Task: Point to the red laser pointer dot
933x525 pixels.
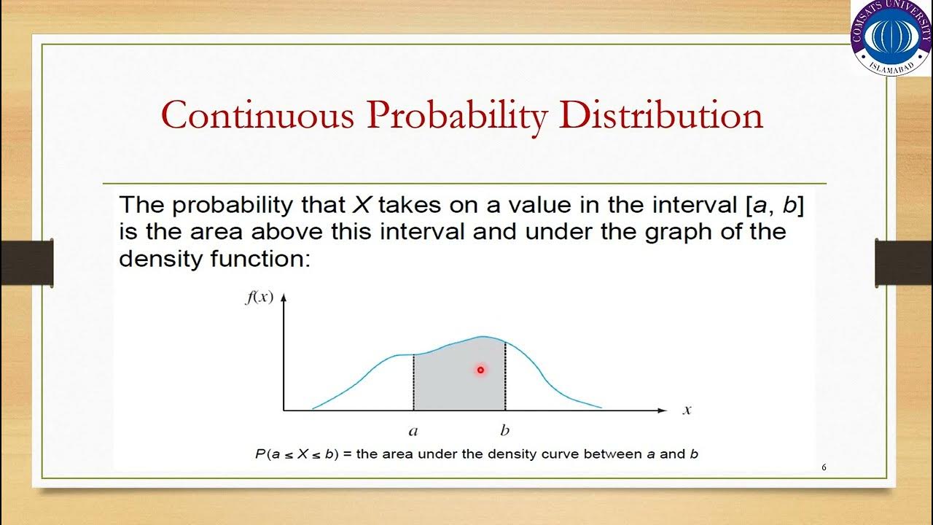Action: click(480, 370)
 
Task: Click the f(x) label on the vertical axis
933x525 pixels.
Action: click(259, 297)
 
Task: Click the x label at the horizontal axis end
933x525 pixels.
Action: click(686, 411)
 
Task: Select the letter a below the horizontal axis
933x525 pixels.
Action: click(413, 430)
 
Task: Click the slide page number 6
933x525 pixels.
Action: click(824, 467)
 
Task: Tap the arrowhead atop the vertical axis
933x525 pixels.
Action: click(284, 297)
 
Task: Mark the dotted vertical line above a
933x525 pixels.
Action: click(414, 382)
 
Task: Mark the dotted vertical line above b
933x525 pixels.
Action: click(505, 376)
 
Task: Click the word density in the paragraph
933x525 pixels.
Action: click(155, 259)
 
